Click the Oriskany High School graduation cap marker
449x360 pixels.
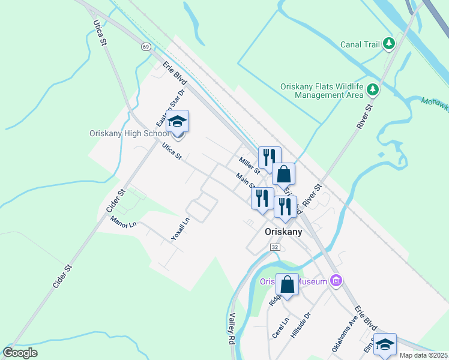[177, 122]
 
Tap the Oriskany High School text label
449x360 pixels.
[129, 133]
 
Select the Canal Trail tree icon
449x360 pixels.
[389, 43]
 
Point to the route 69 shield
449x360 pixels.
[146, 46]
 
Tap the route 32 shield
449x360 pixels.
[275, 247]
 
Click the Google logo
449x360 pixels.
[20, 353]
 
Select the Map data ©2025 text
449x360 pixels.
[423, 355]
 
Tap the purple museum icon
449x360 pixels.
[336, 281]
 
